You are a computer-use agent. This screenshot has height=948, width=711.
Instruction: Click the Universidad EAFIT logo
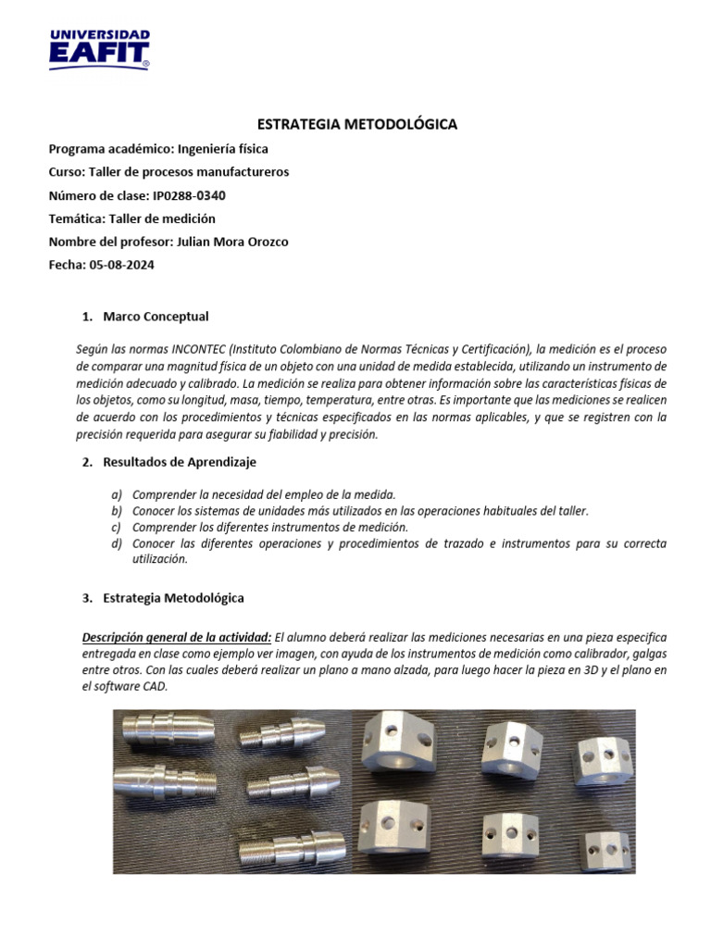coord(98,49)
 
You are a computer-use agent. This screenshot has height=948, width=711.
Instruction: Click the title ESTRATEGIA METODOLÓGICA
coord(355,124)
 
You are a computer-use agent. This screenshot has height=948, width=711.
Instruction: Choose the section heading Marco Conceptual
coord(156,317)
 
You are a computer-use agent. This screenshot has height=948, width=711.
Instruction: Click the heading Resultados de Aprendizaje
coord(180,462)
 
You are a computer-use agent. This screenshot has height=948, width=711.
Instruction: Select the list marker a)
coord(116,494)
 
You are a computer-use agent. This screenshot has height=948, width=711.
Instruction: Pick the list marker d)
coord(116,543)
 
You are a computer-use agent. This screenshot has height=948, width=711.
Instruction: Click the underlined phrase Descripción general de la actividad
coord(176,637)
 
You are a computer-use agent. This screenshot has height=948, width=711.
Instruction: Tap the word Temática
coord(76,218)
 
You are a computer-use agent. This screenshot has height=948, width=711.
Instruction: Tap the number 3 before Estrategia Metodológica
coord(85,598)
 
